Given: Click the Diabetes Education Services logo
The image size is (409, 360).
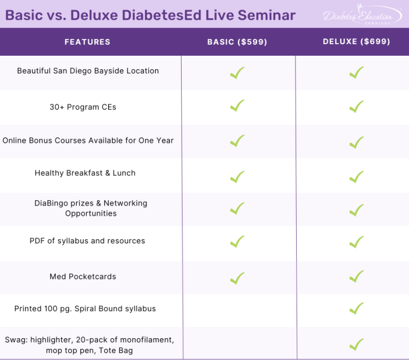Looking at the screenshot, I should click(x=362, y=15).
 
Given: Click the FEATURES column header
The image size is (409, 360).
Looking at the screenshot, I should click(x=87, y=42).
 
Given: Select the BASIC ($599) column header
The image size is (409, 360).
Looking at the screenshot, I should click(x=237, y=42).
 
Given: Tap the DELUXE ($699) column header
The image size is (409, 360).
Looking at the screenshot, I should click(x=356, y=42).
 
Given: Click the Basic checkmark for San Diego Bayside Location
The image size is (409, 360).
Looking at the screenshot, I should click(x=237, y=72).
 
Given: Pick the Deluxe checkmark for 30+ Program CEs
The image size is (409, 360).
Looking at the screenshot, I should click(x=356, y=107).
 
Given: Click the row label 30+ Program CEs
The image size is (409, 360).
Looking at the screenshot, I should click(x=83, y=107).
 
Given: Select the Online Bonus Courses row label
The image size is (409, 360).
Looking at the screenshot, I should click(x=88, y=141).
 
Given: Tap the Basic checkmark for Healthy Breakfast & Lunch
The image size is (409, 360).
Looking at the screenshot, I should click(x=237, y=176).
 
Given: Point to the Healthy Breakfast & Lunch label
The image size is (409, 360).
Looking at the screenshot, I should click(x=85, y=173).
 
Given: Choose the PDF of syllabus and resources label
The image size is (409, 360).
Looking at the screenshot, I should click(x=87, y=241).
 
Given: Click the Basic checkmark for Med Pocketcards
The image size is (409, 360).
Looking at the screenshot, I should click(x=237, y=277).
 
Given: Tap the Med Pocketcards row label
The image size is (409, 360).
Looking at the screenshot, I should click(x=83, y=276).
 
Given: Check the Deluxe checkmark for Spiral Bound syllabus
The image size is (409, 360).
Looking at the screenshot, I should click(x=356, y=308).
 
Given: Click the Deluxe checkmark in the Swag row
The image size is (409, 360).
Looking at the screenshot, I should click(x=356, y=344).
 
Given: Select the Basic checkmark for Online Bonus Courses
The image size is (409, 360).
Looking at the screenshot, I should click(x=237, y=141).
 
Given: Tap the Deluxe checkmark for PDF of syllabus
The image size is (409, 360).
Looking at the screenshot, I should click(x=356, y=241).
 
